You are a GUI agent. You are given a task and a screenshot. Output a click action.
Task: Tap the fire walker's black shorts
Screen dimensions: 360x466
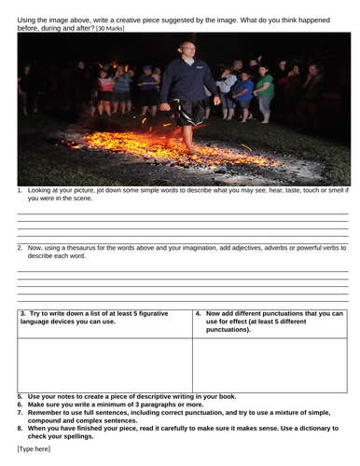coord(190,112)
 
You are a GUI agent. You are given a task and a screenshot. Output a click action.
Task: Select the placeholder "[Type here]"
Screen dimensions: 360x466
coord(35,448)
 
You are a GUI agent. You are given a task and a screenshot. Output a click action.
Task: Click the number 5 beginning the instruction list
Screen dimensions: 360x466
coord(20,396)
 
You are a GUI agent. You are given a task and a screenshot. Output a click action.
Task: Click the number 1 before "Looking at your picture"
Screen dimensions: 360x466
coord(21,191)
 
